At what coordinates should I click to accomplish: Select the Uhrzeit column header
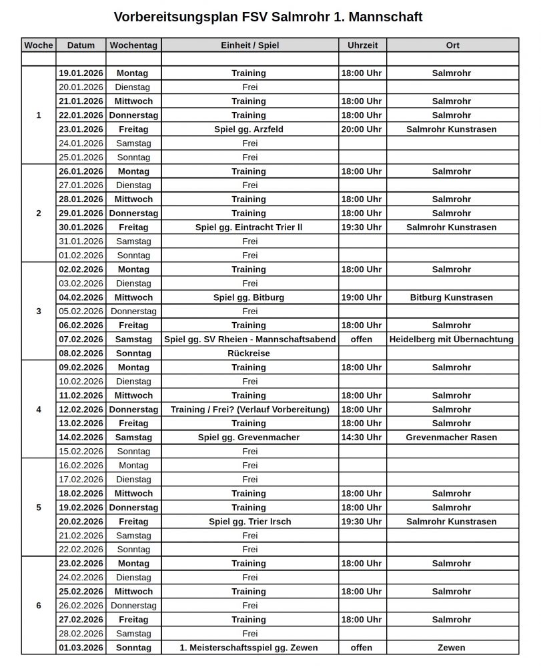pyautogui.click(x=362, y=45)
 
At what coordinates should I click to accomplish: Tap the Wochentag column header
pyautogui.click(x=133, y=45)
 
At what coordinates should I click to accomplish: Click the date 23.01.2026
pyautogui.click(x=81, y=129)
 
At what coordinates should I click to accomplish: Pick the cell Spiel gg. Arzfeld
pyautogui.click(x=249, y=129)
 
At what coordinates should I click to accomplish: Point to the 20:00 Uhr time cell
pyautogui.click(x=362, y=129)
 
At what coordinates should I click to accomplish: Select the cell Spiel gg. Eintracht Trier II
pyautogui.click(x=249, y=227)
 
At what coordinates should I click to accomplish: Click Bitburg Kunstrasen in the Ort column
pyautogui.click(x=451, y=297)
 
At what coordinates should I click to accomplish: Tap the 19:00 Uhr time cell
pyautogui.click(x=362, y=297)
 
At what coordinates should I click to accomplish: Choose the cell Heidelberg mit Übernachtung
pyautogui.click(x=452, y=340)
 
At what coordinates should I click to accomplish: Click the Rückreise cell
pyautogui.click(x=249, y=354)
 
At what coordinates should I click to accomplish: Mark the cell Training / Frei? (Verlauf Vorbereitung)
pyautogui.click(x=250, y=410)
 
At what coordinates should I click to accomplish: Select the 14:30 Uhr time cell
pyautogui.click(x=362, y=438)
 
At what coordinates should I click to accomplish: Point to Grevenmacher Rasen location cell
pyautogui.click(x=451, y=438)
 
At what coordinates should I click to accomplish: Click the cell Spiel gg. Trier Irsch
pyautogui.click(x=249, y=522)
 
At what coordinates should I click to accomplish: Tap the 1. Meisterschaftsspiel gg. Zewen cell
pyautogui.click(x=249, y=648)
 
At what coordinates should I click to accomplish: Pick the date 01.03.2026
pyautogui.click(x=81, y=648)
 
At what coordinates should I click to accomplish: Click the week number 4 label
pyautogui.click(x=38, y=410)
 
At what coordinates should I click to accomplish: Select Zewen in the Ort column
pyautogui.click(x=452, y=648)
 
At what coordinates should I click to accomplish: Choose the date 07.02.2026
pyautogui.click(x=81, y=340)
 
